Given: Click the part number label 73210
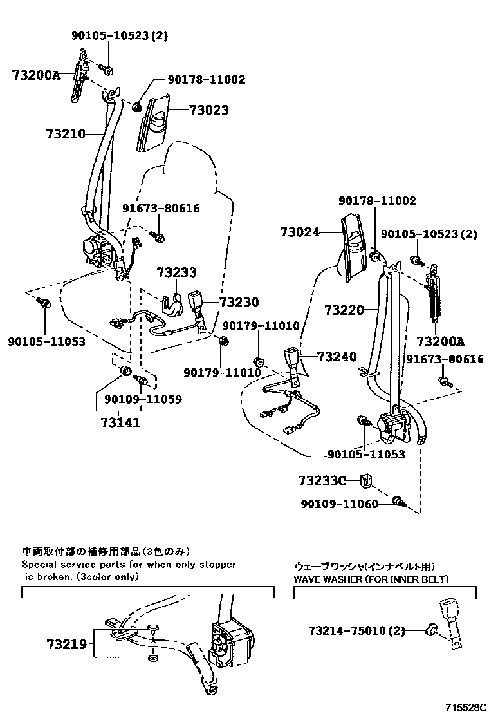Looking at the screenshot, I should pyautogui.click(x=66, y=135).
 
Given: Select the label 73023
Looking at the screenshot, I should pyautogui.click(x=208, y=111).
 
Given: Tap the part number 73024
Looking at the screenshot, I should pyautogui.click(x=300, y=232).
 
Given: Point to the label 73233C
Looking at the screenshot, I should pyautogui.click(x=322, y=480).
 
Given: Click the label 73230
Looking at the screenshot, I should pyautogui.click(x=239, y=303).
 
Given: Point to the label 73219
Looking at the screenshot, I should pyautogui.click(x=66, y=643).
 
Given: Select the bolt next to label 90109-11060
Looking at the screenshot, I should pyautogui.click(x=398, y=503).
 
